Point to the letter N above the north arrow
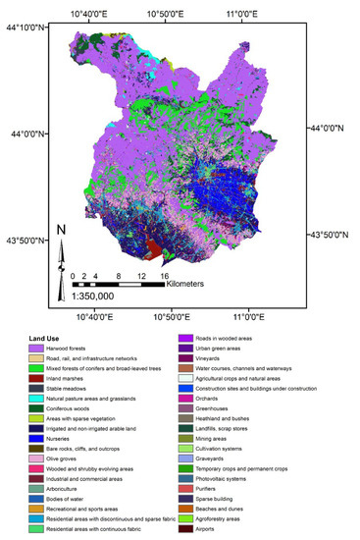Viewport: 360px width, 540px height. (61, 232)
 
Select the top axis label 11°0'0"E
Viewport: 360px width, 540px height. (242, 13)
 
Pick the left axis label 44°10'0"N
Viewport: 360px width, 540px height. (26, 29)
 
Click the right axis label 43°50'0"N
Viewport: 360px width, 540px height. (331, 235)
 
